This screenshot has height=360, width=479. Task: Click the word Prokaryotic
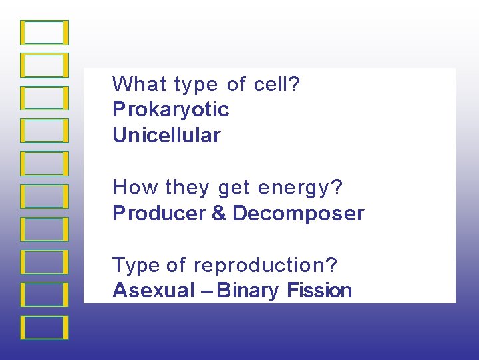coord(170,110)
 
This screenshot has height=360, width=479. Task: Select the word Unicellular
coord(166,136)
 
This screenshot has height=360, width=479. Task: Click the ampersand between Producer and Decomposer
coord(219,214)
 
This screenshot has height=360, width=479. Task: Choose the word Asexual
coord(154,291)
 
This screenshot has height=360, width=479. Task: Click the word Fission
coord(319,291)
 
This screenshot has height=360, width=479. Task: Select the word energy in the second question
coord(293,188)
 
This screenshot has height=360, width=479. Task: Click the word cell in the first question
coord(271,85)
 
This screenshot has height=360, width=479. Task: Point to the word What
coord(140,85)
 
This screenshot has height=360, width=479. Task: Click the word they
coord(188,188)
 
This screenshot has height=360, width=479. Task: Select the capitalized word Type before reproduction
coord(136,266)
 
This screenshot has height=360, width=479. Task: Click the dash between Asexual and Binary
coord(207,291)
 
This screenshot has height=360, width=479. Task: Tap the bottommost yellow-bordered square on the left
coord(45,327)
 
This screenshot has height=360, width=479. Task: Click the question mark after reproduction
coord(331,265)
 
